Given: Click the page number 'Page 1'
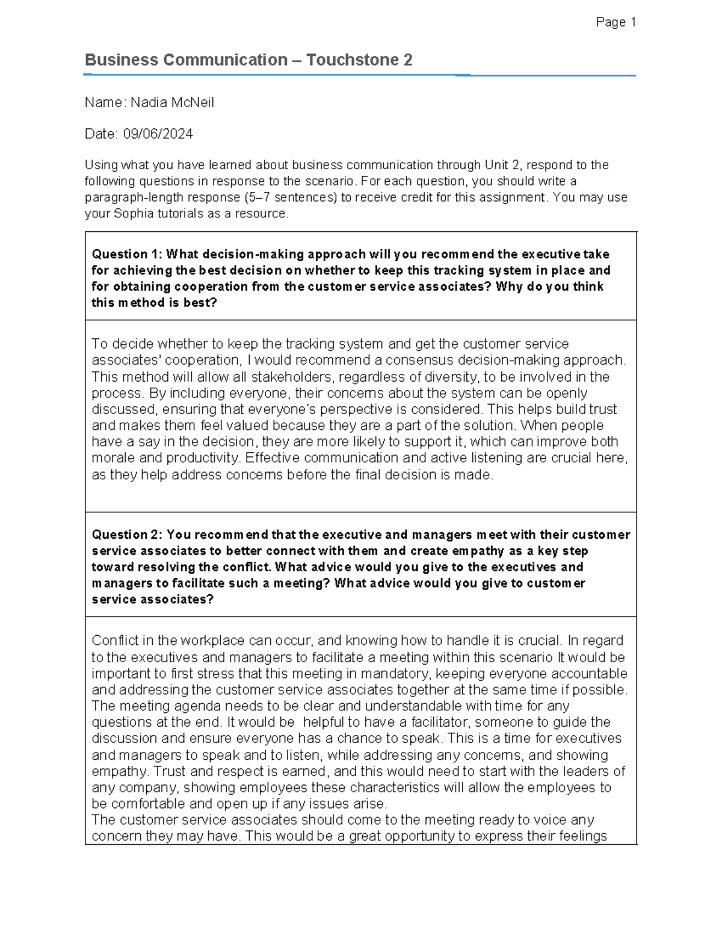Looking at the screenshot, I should (x=616, y=22).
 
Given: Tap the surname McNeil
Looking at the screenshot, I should (x=193, y=102).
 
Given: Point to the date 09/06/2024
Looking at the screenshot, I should (x=158, y=134).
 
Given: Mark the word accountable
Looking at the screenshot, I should (x=589, y=674).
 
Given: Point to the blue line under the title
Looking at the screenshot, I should (x=359, y=75).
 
